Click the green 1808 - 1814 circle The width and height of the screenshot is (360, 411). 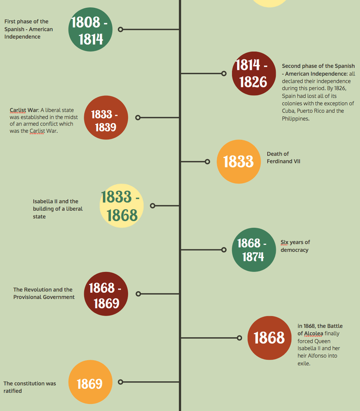pyautogui.click(x=90, y=30)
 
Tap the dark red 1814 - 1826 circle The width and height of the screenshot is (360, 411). pyautogui.click(x=253, y=74)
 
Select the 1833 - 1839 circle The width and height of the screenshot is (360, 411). pyautogui.click(x=106, y=118)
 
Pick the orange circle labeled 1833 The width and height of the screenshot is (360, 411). pyautogui.click(x=239, y=162)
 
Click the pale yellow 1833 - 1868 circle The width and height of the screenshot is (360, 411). pyautogui.click(x=121, y=206)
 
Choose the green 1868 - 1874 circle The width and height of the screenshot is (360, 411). pyautogui.click(x=253, y=250)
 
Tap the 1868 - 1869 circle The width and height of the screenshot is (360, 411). pyautogui.click(x=106, y=294)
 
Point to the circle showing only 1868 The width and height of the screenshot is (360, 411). pyautogui.click(x=269, y=338)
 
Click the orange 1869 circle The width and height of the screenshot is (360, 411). pyautogui.click(x=90, y=382)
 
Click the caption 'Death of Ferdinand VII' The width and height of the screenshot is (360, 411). pyautogui.click(x=283, y=158)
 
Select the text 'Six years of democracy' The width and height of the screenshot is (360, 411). pyautogui.click(x=295, y=246)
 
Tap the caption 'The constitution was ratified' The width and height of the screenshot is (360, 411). pyautogui.click(x=30, y=387)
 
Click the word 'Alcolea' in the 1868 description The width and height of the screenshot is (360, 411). pyautogui.click(x=313, y=333)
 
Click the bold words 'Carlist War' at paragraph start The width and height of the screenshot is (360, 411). pyautogui.click(x=24, y=110)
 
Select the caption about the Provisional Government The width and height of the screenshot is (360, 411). pyautogui.click(x=44, y=293)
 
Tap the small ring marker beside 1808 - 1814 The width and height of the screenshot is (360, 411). pyautogui.click(x=121, y=30)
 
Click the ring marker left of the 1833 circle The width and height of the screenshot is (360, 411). pyautogui.click(x=208, y=162)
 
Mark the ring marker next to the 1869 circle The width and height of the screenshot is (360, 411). pyautogui.click(x=121, y=382)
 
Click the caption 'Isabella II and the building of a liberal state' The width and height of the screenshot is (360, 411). pyautogui.click(x=58, y=209)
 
